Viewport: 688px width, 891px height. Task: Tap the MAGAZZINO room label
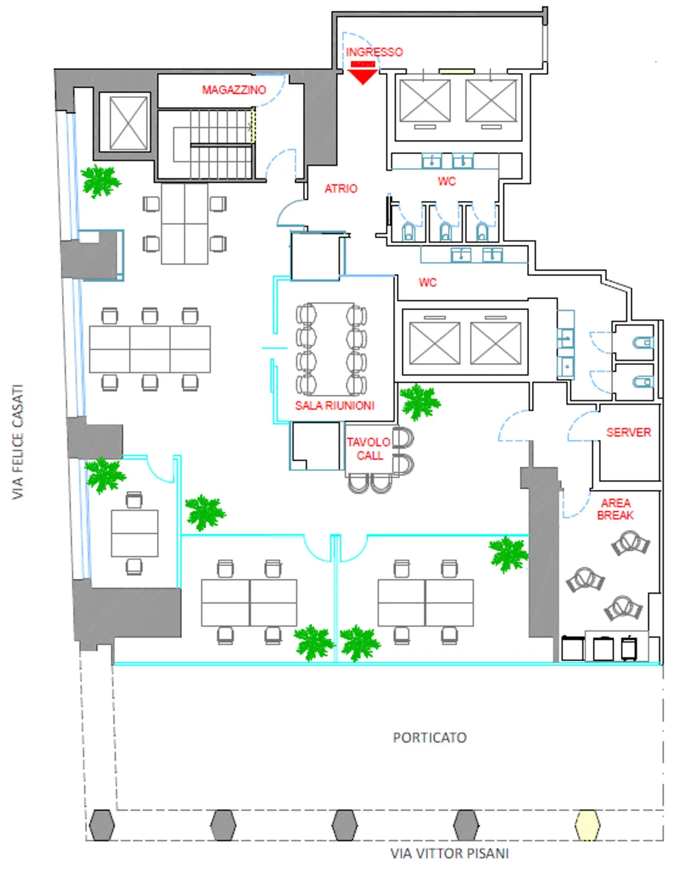click(x=234, y=90)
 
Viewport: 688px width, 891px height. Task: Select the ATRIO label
click(x=341, y=188)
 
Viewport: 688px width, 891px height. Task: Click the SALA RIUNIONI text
click(x=334, y=405)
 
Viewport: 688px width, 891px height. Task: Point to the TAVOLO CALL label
click(x=369, y=449)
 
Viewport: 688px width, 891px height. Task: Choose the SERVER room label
click(x=628, y=432)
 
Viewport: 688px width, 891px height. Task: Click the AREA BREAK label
click(x=615, y=509)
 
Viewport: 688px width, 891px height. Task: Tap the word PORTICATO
click(x=429, y=737)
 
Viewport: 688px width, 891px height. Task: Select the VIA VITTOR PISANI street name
click(x=449, y=853)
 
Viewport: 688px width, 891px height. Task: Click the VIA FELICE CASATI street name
click(x=18, y=442)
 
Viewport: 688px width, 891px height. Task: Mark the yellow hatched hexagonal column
click(x=587, y=825)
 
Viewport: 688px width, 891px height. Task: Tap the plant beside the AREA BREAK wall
click(x=508, y=554)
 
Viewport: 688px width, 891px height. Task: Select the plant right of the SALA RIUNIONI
click(x=420, y=401)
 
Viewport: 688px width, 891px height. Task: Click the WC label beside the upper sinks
click(x=446, y=181)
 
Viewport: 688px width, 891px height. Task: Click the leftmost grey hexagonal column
click(x=102, y=825)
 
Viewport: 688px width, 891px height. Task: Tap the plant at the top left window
click(x=100, y=181)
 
